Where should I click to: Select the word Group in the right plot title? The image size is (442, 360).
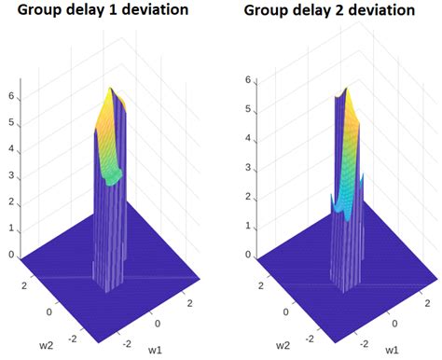click(x=266, y=11)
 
